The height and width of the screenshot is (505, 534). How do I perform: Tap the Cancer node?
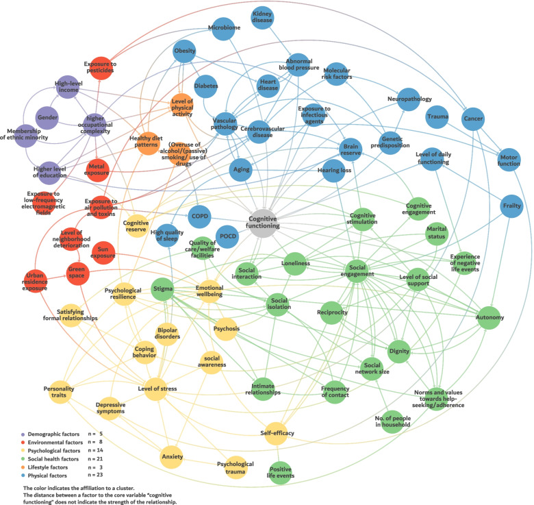(x=473, y=119)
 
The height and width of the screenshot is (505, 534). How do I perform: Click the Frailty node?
(x=511, y=206)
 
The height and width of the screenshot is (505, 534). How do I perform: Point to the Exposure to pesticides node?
(x=100, y=67)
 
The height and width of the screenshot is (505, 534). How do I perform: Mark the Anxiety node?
(x=171, y=455)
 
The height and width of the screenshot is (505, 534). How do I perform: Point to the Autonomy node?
(x=489, y=318)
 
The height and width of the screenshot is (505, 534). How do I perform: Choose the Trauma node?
(x=437, y=116)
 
